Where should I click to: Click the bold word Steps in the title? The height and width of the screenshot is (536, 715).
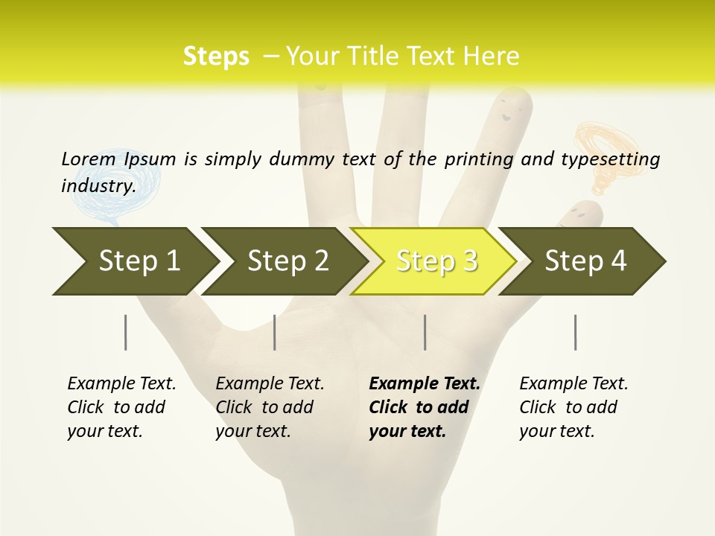click(x=216, y=57)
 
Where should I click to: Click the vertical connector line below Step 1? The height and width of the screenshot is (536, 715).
click(x=125, y=332)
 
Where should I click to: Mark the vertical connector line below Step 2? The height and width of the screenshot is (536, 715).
click(x=275, y=332)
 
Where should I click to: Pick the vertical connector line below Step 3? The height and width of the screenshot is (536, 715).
click(x=425, y=332)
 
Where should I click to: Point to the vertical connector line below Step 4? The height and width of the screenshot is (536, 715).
click(x=575, y=332)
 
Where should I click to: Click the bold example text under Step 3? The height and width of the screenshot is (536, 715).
click(x=424, y=407)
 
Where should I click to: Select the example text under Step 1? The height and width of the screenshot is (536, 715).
click(x=121, y=407)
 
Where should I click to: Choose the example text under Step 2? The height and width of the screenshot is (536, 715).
click(x=270, y=407)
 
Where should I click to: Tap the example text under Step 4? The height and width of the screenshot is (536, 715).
click(x=573, y=407)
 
